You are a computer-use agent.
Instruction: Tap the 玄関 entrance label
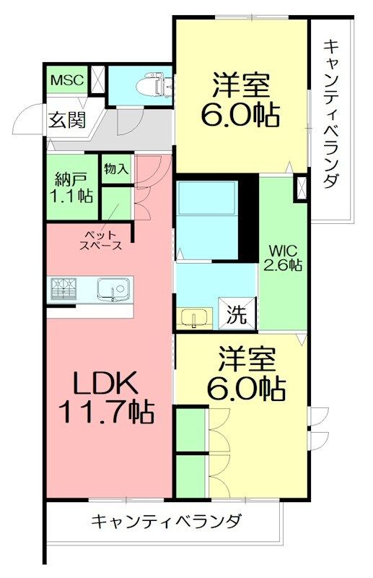click(67, 119)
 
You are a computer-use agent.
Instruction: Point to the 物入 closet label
click(116, 170)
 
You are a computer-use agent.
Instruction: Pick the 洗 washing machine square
click(237, 314)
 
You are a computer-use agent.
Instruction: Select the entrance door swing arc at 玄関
click(29, 119)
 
